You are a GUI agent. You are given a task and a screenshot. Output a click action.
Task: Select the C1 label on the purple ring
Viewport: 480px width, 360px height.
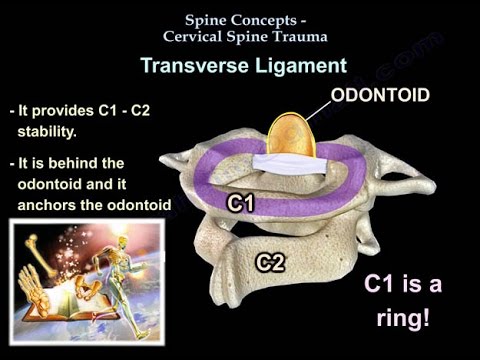pos(241,203)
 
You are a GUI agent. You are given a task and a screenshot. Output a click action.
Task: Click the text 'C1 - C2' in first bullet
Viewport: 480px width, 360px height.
pos(138,110)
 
